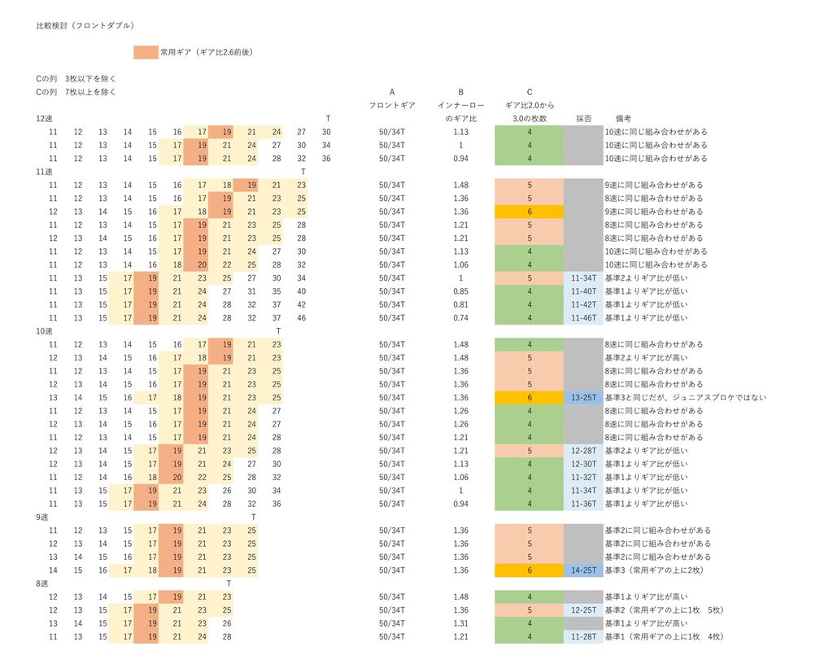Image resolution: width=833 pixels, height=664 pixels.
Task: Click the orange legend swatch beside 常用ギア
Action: (146, 52)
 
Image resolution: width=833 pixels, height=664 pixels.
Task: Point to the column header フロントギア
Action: (392, 106)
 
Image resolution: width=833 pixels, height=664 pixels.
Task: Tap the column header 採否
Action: (583, 119)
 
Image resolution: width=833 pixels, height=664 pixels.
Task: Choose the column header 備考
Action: (624, 119)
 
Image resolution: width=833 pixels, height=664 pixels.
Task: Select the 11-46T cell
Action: (584, 318)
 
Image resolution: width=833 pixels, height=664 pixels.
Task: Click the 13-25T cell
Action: (584, 398)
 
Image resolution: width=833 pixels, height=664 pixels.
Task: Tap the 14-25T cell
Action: (584, 570)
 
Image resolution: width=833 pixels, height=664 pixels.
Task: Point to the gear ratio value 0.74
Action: (461, 318)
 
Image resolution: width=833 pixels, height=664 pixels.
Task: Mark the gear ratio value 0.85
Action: (461, 291)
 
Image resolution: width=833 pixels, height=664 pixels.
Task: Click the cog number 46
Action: (302, 318)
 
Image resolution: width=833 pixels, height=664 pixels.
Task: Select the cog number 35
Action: (277, 291)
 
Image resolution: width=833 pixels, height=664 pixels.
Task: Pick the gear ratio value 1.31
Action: (461, 623)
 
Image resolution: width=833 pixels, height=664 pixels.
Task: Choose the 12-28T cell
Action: (584, 451)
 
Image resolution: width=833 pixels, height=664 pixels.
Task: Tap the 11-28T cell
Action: (584, 636)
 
